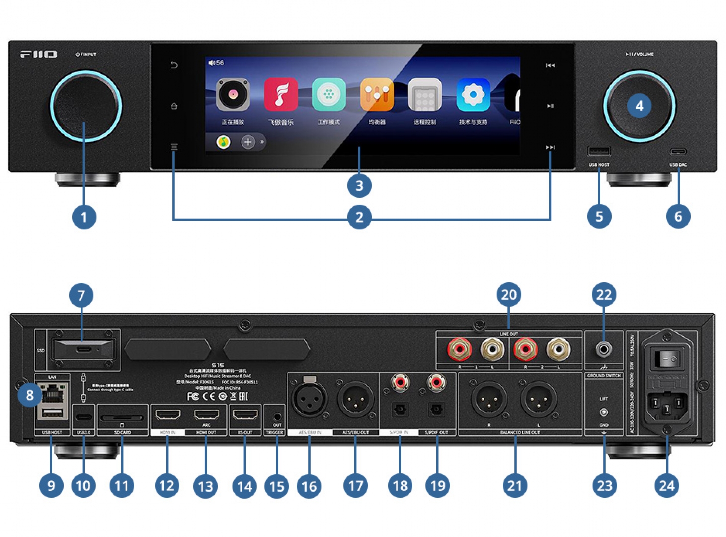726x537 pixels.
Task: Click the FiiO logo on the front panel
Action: (38, 54)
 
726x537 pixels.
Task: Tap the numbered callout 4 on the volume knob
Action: (639, 106)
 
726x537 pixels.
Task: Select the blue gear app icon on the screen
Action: (473, 94)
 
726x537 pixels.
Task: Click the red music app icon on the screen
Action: (281, 94)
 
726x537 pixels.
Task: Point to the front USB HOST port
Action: (599, 151)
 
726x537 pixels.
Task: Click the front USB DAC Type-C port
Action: (678, 152)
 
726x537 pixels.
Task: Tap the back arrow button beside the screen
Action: (174, 65)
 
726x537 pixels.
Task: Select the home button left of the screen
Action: (174, 106)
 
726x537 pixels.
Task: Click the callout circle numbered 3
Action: (359, 186)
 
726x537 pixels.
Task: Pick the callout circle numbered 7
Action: (81, 295)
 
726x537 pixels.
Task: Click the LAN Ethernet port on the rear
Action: (52, 395)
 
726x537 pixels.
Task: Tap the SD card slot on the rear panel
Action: (122, 418)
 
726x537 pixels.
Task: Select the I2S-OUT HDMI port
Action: (245, 414)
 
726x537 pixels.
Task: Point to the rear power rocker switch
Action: (666, 357)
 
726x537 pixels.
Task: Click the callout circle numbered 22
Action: (604, 295)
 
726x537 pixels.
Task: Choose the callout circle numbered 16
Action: (309, 486)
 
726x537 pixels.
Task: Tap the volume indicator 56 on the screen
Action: (216, 63)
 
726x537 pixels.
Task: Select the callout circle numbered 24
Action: (666, 485)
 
